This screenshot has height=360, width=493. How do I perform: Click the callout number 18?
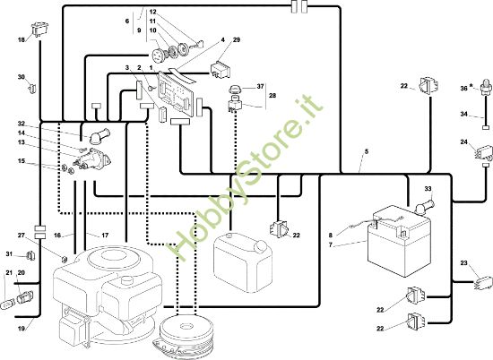[22, 40]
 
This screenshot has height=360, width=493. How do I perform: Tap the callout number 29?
[237, 40]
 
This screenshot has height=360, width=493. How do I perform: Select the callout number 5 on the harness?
[367, 151]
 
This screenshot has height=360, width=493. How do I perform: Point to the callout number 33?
[428, 189]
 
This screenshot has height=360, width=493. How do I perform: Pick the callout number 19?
[22, 329]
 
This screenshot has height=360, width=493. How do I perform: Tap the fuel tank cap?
[260, 246]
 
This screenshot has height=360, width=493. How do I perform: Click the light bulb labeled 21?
[7, 304]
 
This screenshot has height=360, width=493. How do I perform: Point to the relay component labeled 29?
[220, 69]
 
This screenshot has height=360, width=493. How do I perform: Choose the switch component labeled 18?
[39, 30]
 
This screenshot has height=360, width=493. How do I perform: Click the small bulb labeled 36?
[487, 84]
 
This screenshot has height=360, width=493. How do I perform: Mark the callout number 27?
[22, 236]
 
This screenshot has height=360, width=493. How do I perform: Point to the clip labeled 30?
[32, 89]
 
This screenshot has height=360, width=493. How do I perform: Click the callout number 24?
[463, 142]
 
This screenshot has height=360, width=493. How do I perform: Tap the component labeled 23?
[482, 282]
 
